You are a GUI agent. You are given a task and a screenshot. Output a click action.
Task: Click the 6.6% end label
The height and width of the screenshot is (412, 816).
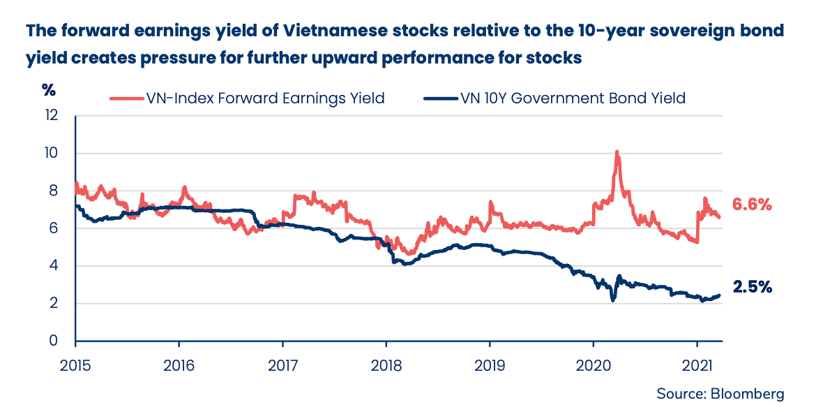click(752, 205)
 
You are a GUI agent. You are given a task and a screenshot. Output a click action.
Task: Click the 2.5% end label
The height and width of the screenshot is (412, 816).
click(752, 286)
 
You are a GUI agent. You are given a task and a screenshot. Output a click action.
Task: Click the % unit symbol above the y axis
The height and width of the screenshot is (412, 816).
click(48, 90)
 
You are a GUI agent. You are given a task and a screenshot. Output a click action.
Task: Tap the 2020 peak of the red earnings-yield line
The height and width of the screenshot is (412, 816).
click(617, 152)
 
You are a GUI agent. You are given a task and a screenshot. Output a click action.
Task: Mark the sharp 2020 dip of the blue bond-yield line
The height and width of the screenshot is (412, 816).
click(612, 300)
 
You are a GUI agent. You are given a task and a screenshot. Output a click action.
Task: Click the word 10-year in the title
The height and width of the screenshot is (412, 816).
click(602, 32)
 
